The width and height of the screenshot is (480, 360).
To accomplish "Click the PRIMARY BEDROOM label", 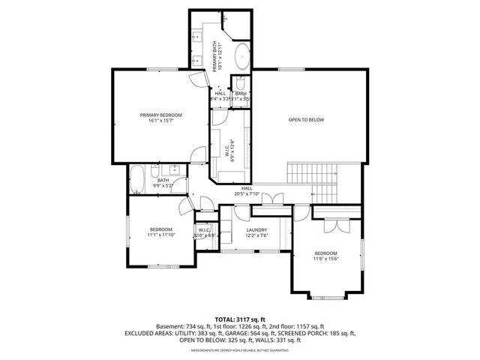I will coord(161,115).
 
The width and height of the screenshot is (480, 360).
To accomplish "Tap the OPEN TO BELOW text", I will coord(306,119).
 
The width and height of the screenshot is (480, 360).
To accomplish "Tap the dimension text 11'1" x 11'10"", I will coord(160,235).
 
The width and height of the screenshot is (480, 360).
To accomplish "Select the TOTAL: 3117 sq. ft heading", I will coord(239,319).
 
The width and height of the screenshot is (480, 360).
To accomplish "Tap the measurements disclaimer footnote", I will coord(239,350).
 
